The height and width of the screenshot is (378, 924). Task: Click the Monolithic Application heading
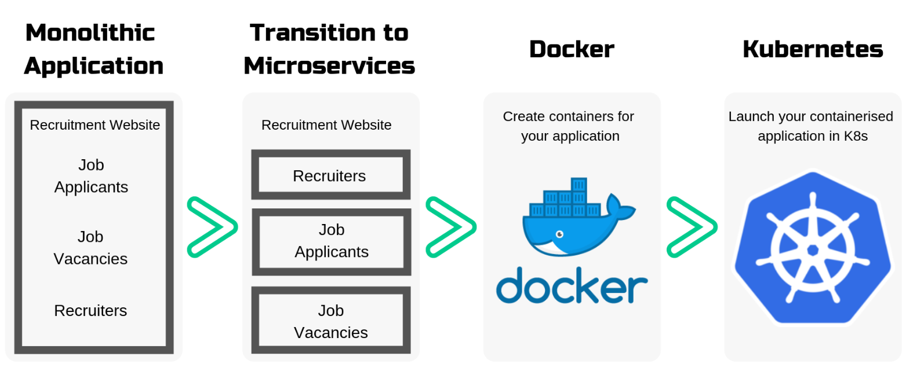pos(94,49)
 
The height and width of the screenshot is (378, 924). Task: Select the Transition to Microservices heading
pos(329,49)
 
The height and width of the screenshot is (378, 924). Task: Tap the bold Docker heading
pos(572,49)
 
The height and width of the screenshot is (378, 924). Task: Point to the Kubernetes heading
pos(813,49)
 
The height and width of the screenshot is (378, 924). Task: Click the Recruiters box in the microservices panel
pos(331,175)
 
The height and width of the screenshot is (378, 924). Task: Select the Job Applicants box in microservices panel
pos(331,242)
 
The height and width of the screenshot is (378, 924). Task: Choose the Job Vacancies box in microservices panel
pos(331,320)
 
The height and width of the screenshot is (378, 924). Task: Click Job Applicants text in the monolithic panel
pos(91,176)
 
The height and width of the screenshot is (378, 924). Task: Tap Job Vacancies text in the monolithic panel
pos(90,248)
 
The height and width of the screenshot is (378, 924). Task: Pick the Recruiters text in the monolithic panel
pos(90,310)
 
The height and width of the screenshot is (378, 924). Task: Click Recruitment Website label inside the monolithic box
pos(95,125)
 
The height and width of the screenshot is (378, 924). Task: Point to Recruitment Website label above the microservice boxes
pos(326,125)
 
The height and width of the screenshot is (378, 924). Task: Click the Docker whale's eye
pos(559,234)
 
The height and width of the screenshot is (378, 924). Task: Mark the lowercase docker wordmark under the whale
pos(572,285)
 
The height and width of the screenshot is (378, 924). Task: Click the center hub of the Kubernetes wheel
pos(813,250)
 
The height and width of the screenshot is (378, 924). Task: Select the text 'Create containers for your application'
pos(569,126)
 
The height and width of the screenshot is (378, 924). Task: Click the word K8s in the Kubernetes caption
pos(856,136)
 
